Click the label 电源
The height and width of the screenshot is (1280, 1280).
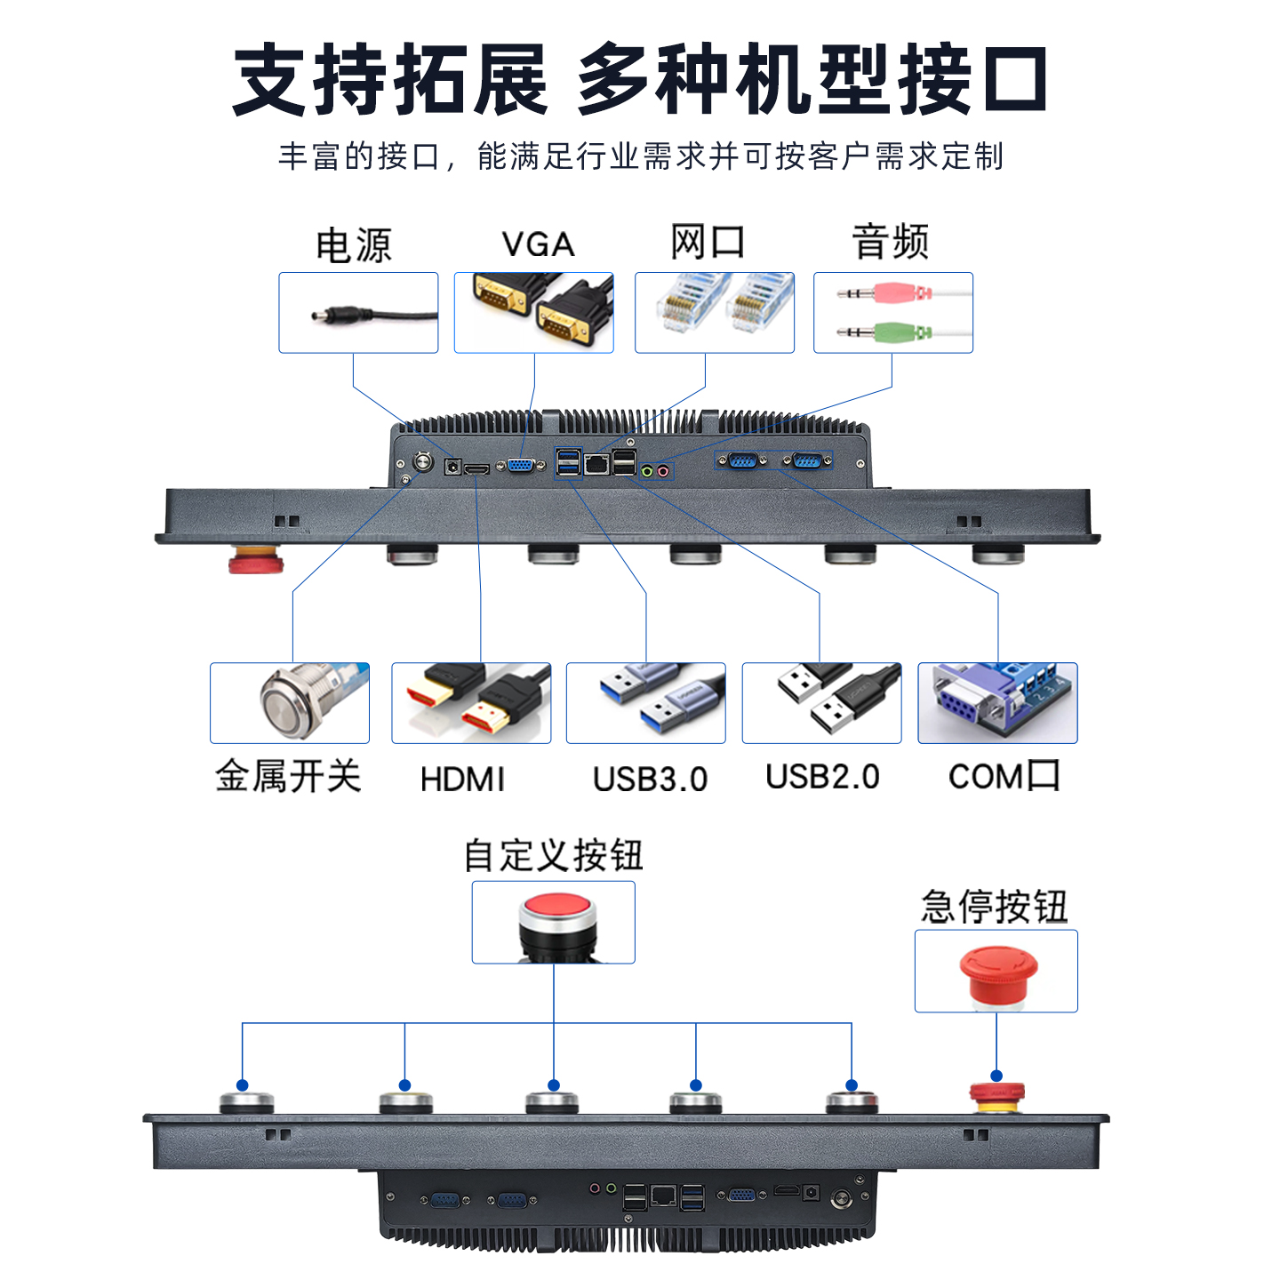pyautogui.click(x=354, y=245)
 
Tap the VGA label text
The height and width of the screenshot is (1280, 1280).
pyautogui.click(x=538, y=244)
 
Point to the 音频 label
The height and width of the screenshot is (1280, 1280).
pyautogui.click(x=890, y=242)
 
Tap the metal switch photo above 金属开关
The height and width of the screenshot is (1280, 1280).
pyautogui.click(x=309, y=700)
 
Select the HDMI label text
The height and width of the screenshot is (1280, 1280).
pyautogui.click(x=462, y=780)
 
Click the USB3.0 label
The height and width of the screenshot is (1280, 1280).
pyautogui.click(x=650, y=780)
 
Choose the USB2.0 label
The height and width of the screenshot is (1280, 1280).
pyautogui.click(x=822, y=777)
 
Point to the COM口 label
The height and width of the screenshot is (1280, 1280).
pyautogui.click(x=1004, y=776)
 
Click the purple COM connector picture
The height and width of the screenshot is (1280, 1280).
pyautogui.click(x=997, y=703)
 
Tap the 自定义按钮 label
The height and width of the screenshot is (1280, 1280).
pyautogui.click(x=553, y=855)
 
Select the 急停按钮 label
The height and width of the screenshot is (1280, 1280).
pyautogui.click(x=995, y=906)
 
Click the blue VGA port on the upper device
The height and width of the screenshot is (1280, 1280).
pyautogui.click(x=522, y=466)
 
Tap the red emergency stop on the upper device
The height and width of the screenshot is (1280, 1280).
pyautogui.click(x=256, y=559)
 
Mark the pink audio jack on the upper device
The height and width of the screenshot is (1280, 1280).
pyautogui.click(x=662, y=471)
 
